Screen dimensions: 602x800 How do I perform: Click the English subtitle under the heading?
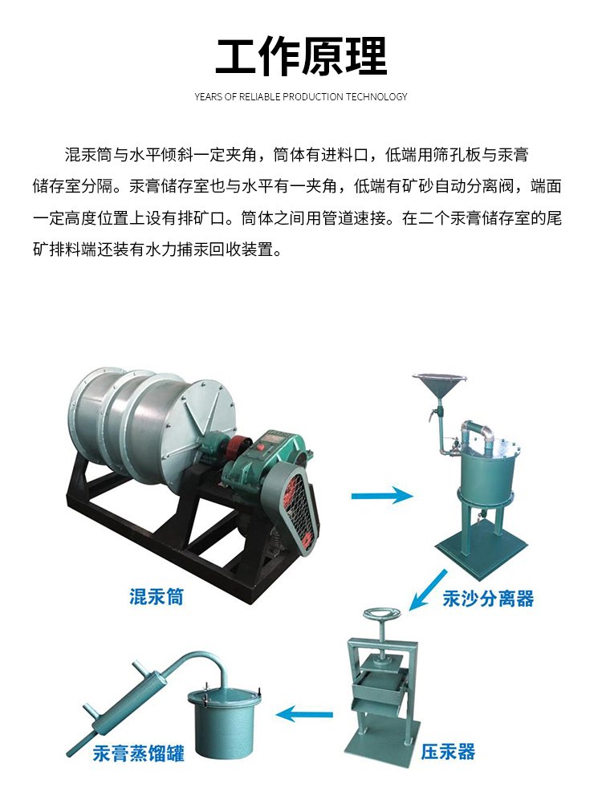(301, 96)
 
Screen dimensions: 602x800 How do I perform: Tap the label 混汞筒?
(156, 596)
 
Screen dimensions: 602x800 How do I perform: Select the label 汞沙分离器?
(488, 598)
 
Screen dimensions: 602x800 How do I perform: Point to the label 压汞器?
(448, 752)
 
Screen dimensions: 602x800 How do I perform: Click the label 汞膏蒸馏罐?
(139, 753)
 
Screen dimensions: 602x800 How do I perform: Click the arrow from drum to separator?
(382, 494)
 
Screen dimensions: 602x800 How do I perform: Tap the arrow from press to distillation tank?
(304, 714)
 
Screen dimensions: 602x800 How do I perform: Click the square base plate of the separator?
(482, 546)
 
